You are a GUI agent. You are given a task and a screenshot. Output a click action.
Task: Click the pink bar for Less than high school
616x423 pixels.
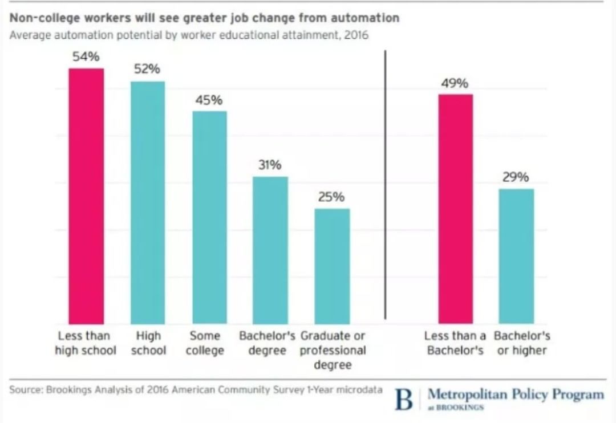click(x=87, y=196)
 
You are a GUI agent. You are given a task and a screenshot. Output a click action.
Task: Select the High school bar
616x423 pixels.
click(x=148, y=202)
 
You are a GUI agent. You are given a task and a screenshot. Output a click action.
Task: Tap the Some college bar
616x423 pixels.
click(x=209, y=218)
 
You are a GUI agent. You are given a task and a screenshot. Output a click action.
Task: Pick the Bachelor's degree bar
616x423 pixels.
click(x=270, y=250)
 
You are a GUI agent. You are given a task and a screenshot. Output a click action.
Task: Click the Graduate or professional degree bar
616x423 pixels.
click(x=332, y=266)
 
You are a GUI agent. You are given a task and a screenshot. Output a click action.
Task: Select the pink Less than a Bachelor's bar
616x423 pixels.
click(x=455, y=209)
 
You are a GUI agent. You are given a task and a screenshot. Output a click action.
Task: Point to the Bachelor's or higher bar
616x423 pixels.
click(x=516, y=257)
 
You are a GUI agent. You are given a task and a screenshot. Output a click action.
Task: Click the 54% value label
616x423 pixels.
click(x=86, y=56)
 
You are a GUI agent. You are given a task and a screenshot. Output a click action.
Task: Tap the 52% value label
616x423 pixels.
click(x=147, y=69)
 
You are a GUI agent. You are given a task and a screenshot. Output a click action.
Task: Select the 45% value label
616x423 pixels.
click(x=209, y=100)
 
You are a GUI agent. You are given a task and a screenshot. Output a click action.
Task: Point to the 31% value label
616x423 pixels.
click(x=269, y=165)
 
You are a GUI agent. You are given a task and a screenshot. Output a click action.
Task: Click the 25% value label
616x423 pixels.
click(x=331, y=197)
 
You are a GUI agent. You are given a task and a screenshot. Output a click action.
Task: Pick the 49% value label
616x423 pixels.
click(x=455, y=83)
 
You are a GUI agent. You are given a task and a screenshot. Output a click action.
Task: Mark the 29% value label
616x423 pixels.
click(x=516, y=177)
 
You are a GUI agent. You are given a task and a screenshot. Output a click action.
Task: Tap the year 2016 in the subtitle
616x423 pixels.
click(x=356, y=35)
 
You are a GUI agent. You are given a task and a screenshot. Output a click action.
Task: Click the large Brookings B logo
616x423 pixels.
click(x=404, y=400)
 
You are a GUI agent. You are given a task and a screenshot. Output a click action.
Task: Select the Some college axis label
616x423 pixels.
click(x=205, y=343)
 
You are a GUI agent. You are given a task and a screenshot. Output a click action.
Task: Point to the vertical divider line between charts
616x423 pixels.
click(x=386, y=185)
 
